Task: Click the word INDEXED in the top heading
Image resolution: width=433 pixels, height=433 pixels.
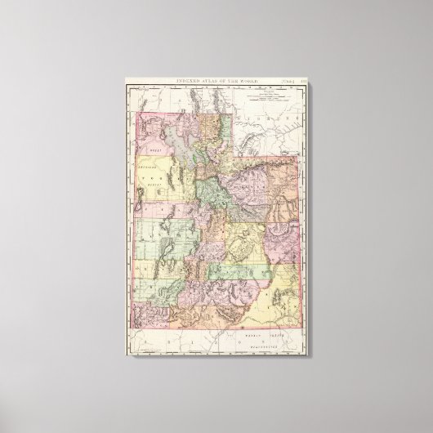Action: tap(185, 79)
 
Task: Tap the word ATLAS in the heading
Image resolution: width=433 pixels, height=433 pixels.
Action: tap(208, 79)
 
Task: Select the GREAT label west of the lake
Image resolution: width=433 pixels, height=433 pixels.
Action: tap(154, 152)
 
